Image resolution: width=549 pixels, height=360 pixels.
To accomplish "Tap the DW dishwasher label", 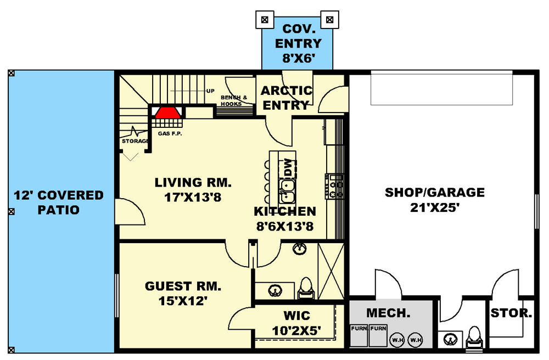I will (x=287, y=165).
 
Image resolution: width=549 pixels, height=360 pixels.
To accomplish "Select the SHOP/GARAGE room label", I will (x=434, y=193).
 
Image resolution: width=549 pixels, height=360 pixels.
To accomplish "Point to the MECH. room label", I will (x=389, y=313).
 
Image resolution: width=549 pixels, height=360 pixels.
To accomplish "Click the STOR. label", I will (x=511, y=314).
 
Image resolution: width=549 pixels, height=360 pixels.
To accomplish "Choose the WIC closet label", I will (x=296, y=316).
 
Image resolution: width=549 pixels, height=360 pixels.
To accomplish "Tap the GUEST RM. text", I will (x=183, y=286).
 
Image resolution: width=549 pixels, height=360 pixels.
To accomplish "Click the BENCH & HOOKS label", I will (x=234, y=100).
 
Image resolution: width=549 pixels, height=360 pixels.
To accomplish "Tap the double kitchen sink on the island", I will (x=287, y=190).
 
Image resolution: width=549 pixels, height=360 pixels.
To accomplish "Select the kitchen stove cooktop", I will (x=334, y=185).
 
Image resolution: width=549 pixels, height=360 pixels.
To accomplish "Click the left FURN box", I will (x=359, y=335).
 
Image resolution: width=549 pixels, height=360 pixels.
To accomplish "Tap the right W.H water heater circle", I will (x=416, y=340).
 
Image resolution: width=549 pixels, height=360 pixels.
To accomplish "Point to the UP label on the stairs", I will (x=210, y=91).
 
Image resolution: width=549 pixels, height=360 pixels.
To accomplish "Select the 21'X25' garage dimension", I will (x=434, y=207).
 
